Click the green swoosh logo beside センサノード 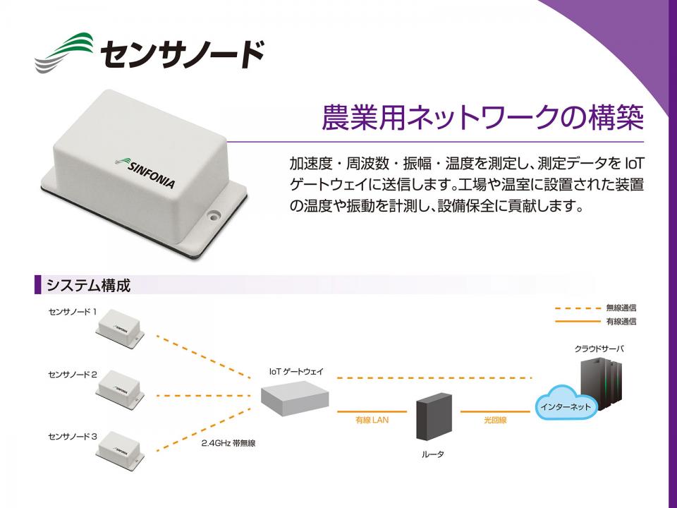66,52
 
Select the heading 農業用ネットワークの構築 482,118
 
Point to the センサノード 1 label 73,311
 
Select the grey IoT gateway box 295,398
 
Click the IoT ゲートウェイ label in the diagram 296,371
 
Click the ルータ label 433,454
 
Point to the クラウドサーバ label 599,349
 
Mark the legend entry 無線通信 621,308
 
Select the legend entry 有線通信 621,322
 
